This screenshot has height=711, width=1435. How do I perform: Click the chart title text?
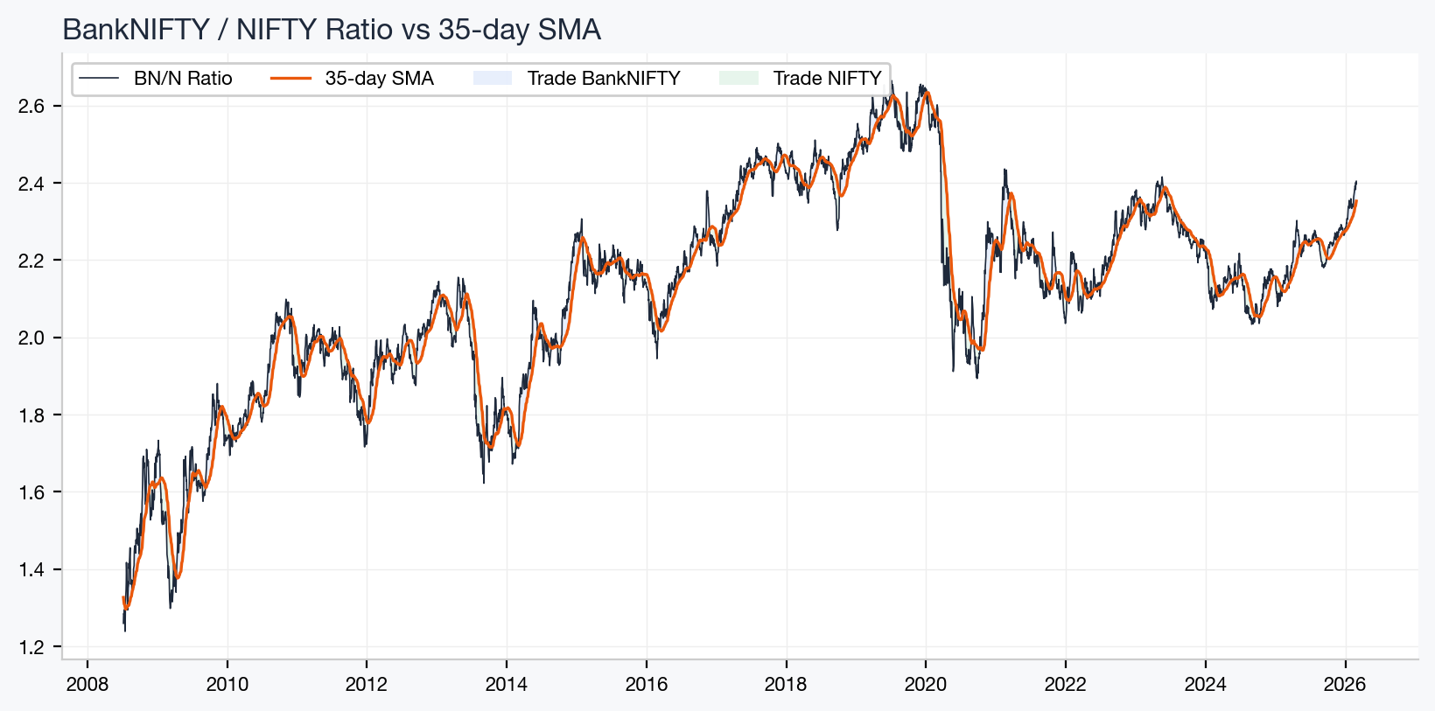(x=332, y=30)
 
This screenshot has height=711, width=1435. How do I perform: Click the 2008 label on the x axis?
(x=87, y=684)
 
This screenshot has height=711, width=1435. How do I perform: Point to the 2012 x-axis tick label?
(x=367, y=684)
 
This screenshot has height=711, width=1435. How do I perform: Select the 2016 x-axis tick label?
(x=646, y=684)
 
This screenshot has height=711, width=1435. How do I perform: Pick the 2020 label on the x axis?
(x=926, y=684)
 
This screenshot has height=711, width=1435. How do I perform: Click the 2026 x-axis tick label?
(x=1345, y=684)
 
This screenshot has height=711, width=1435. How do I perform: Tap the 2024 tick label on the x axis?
(x=1205, y=684)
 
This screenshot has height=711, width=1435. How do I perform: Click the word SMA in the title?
(x=570, y=30)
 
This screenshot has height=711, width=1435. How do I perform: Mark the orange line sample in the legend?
(x=291, y=79)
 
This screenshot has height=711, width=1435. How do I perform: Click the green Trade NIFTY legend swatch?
(x=738, y=79)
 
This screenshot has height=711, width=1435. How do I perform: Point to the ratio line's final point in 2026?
(x=1356, y=182)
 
